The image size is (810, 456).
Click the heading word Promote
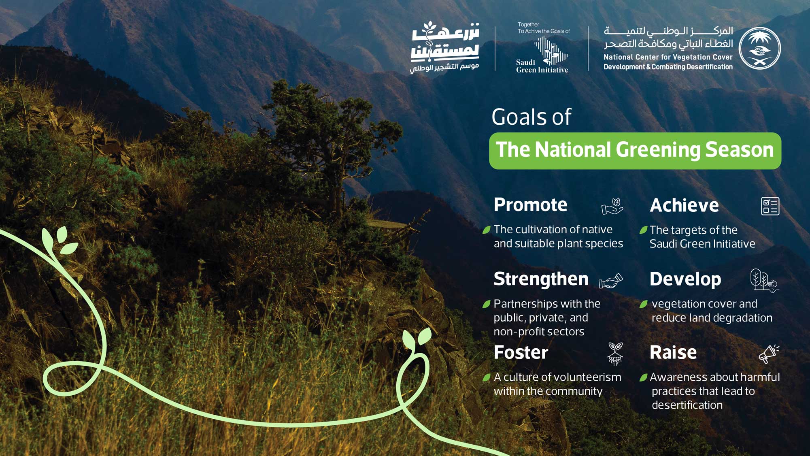530,205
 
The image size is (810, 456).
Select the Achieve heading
684,205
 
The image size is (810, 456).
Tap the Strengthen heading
541,279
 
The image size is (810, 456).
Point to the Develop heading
685,279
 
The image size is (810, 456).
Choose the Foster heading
521,352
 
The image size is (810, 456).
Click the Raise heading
673,352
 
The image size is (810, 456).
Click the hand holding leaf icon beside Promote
612,206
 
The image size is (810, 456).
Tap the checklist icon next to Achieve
770,206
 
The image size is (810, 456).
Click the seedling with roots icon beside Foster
615,354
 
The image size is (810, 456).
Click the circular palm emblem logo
759,48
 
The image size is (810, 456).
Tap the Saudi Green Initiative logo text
542,66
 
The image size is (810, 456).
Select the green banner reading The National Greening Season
635,151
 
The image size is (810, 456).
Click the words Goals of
531,117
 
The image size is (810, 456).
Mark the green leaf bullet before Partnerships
487,304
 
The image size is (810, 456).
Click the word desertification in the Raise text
687,405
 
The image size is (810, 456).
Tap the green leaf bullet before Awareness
643,378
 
